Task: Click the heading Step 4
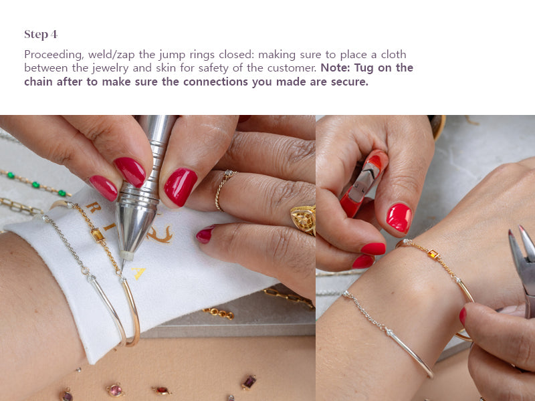coord(41,35)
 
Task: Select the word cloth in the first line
coord(394,55)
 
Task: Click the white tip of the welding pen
coord(126,255)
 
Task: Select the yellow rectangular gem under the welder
coord(98,235)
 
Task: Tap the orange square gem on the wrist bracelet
coord(433,254)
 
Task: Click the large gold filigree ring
coord(304,219)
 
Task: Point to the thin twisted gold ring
coord(223,190)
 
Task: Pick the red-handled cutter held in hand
coord(364,182)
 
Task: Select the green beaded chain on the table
coord(34,183)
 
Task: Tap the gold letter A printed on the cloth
coord(139,273)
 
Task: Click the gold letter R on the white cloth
coord(93,207)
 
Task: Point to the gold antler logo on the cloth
coord(160,235)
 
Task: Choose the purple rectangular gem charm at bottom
coord(249,382)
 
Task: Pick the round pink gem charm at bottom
coord(115,390)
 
